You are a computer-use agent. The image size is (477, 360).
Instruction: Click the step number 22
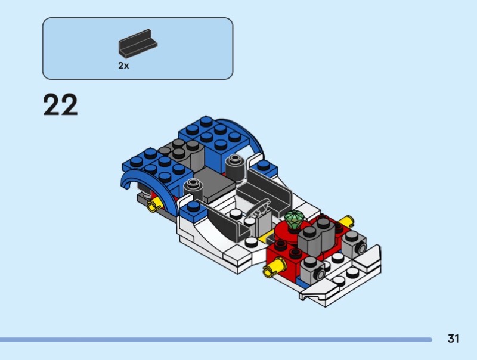61,104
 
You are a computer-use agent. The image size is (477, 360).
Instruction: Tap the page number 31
453,339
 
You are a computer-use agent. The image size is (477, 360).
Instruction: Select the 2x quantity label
123,66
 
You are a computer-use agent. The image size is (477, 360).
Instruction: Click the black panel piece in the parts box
138,44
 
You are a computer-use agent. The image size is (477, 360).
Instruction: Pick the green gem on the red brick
295,219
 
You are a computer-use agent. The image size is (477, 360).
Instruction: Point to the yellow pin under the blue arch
155,205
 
